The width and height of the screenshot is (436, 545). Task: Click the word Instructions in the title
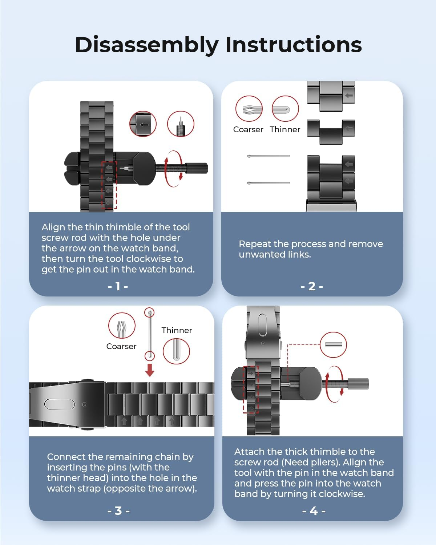click(x=294, y=45)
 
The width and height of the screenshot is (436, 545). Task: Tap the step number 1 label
click(x=118, y=286)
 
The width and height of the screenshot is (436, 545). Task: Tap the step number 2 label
click(x=312, y=286)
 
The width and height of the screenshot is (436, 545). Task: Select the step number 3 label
click(x=118, y=511)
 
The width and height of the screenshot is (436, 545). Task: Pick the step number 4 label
click(x=314, y=511)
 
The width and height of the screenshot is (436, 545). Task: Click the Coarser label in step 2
click(x=248, y=130)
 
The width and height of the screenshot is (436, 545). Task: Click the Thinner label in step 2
click(x=285, y=130)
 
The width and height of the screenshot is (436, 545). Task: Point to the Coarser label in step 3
click(x=121, y=347)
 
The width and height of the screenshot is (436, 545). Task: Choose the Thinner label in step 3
click(x=177, y=330)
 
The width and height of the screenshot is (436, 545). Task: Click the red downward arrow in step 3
click(x=150, y=370)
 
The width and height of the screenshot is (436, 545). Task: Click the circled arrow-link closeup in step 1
click(x=143, y=124)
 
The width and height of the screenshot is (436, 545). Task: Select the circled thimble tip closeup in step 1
click(x=181, y=124)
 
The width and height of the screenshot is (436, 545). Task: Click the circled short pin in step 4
click(x=333, y=345)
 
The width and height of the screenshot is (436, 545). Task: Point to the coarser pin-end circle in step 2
click(x=249, y=109)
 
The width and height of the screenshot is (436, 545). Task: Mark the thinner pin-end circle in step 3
click(x=176, y=351)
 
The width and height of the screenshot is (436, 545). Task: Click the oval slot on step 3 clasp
click(x=60, y=404)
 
